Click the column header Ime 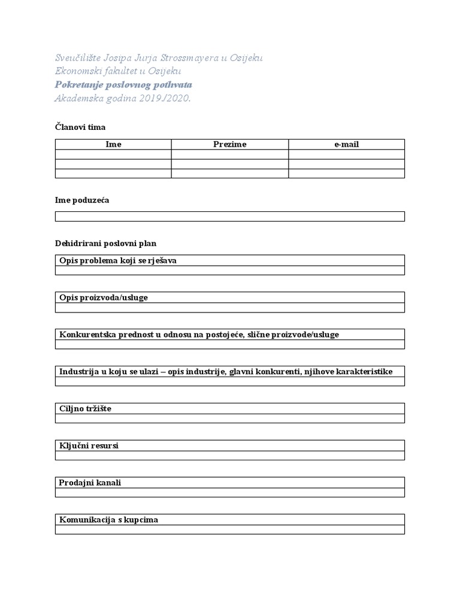click(113, 144)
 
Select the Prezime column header click(230, 144)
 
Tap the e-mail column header click(346, 144)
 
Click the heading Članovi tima click(80, 127)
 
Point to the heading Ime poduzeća click(82, 200)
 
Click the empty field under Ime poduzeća click(229, 216)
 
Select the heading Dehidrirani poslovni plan click(105, 244)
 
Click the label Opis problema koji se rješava click(118, 260)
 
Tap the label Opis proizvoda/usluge click(104, 298)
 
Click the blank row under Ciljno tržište click(229, 418)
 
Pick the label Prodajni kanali click(90, 482)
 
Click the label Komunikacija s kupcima click(108, 520)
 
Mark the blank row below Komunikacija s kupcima click(229, 530)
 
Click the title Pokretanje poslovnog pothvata click(123, 85)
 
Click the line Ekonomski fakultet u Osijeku click(118, 71)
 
